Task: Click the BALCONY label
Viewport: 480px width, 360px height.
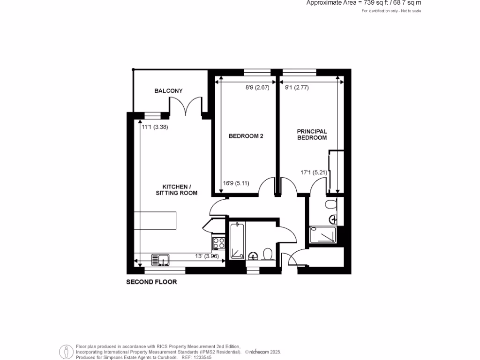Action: tap(168, 91)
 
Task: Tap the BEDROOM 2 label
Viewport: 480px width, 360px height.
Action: tap(246, 136)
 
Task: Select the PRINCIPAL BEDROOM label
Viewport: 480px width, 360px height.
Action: tap(312, 135)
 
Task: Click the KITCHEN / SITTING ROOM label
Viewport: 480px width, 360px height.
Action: tap(177, 189)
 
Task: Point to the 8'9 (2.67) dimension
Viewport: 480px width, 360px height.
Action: tap(257, 87)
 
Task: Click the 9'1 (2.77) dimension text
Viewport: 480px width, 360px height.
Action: tap(297, 87)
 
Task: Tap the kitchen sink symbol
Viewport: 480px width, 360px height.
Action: tap(160, 259)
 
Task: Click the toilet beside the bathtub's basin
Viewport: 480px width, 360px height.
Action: tap(269, 255)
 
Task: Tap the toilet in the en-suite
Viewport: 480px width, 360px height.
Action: tap(331, 204)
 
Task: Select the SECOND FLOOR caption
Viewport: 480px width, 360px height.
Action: tap(151, 282)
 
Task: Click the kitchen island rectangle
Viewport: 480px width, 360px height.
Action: tap(155, 221)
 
